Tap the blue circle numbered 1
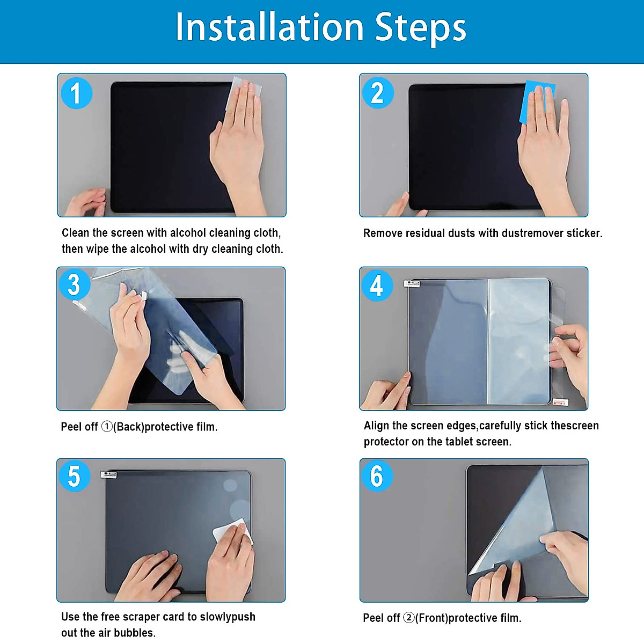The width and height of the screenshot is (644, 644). [x=77, y=93]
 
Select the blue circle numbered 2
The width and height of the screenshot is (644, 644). [x=378, y=92]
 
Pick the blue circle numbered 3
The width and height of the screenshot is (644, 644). [x=74, y=285]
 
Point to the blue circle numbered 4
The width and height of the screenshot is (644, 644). [x=377, y=286]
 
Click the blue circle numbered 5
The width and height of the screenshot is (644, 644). [x=74, y=476]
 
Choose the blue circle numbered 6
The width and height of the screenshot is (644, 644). [x=377, y=476]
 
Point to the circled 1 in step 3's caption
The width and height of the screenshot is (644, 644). [x=107, y=427]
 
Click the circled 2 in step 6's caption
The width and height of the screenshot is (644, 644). [x=409, y=618]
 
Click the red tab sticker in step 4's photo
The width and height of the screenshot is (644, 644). [x=560, y=402]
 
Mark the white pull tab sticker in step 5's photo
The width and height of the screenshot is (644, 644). [x=108, y=474]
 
